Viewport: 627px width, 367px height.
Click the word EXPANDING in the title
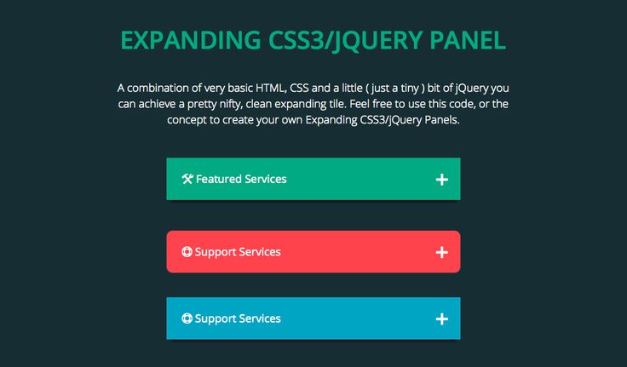[x=191, y=40]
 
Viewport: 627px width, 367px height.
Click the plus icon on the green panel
[x=442, y=180]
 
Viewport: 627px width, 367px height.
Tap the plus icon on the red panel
[x=442, y=252]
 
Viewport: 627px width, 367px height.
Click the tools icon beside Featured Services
[x=187, y=179]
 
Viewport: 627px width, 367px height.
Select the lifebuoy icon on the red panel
[x=187, y=251]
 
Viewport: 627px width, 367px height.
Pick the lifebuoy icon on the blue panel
[x=187, y=318]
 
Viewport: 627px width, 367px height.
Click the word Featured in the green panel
[x=218, y=179]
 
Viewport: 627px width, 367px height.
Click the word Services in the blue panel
[x=260, y=318]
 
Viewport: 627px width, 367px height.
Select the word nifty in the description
[x=231, y=105]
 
